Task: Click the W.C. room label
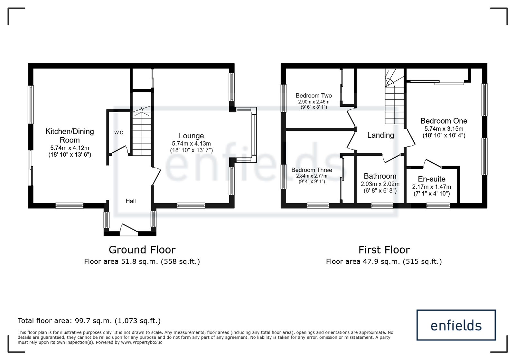119,133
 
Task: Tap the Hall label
131,201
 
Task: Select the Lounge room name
191,136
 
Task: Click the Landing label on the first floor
380,135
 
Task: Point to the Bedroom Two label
314,96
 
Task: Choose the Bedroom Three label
312,170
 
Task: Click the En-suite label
432,179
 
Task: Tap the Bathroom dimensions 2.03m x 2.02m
380,184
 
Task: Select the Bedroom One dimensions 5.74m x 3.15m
444,129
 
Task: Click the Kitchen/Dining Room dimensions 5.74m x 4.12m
70,148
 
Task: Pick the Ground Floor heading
142,250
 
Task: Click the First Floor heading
384,250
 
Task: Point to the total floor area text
89,320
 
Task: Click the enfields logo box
456,325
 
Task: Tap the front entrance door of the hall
129,229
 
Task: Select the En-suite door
433,163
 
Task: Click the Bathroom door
391,158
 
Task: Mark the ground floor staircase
142,131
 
